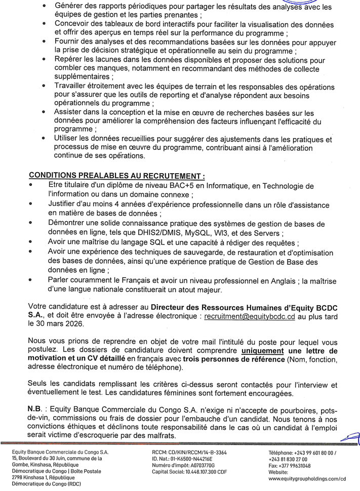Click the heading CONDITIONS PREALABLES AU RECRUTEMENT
[x=117, y=176]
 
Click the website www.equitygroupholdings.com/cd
[x=307, y=478]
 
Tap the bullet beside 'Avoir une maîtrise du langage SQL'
[x=31, y=243]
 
